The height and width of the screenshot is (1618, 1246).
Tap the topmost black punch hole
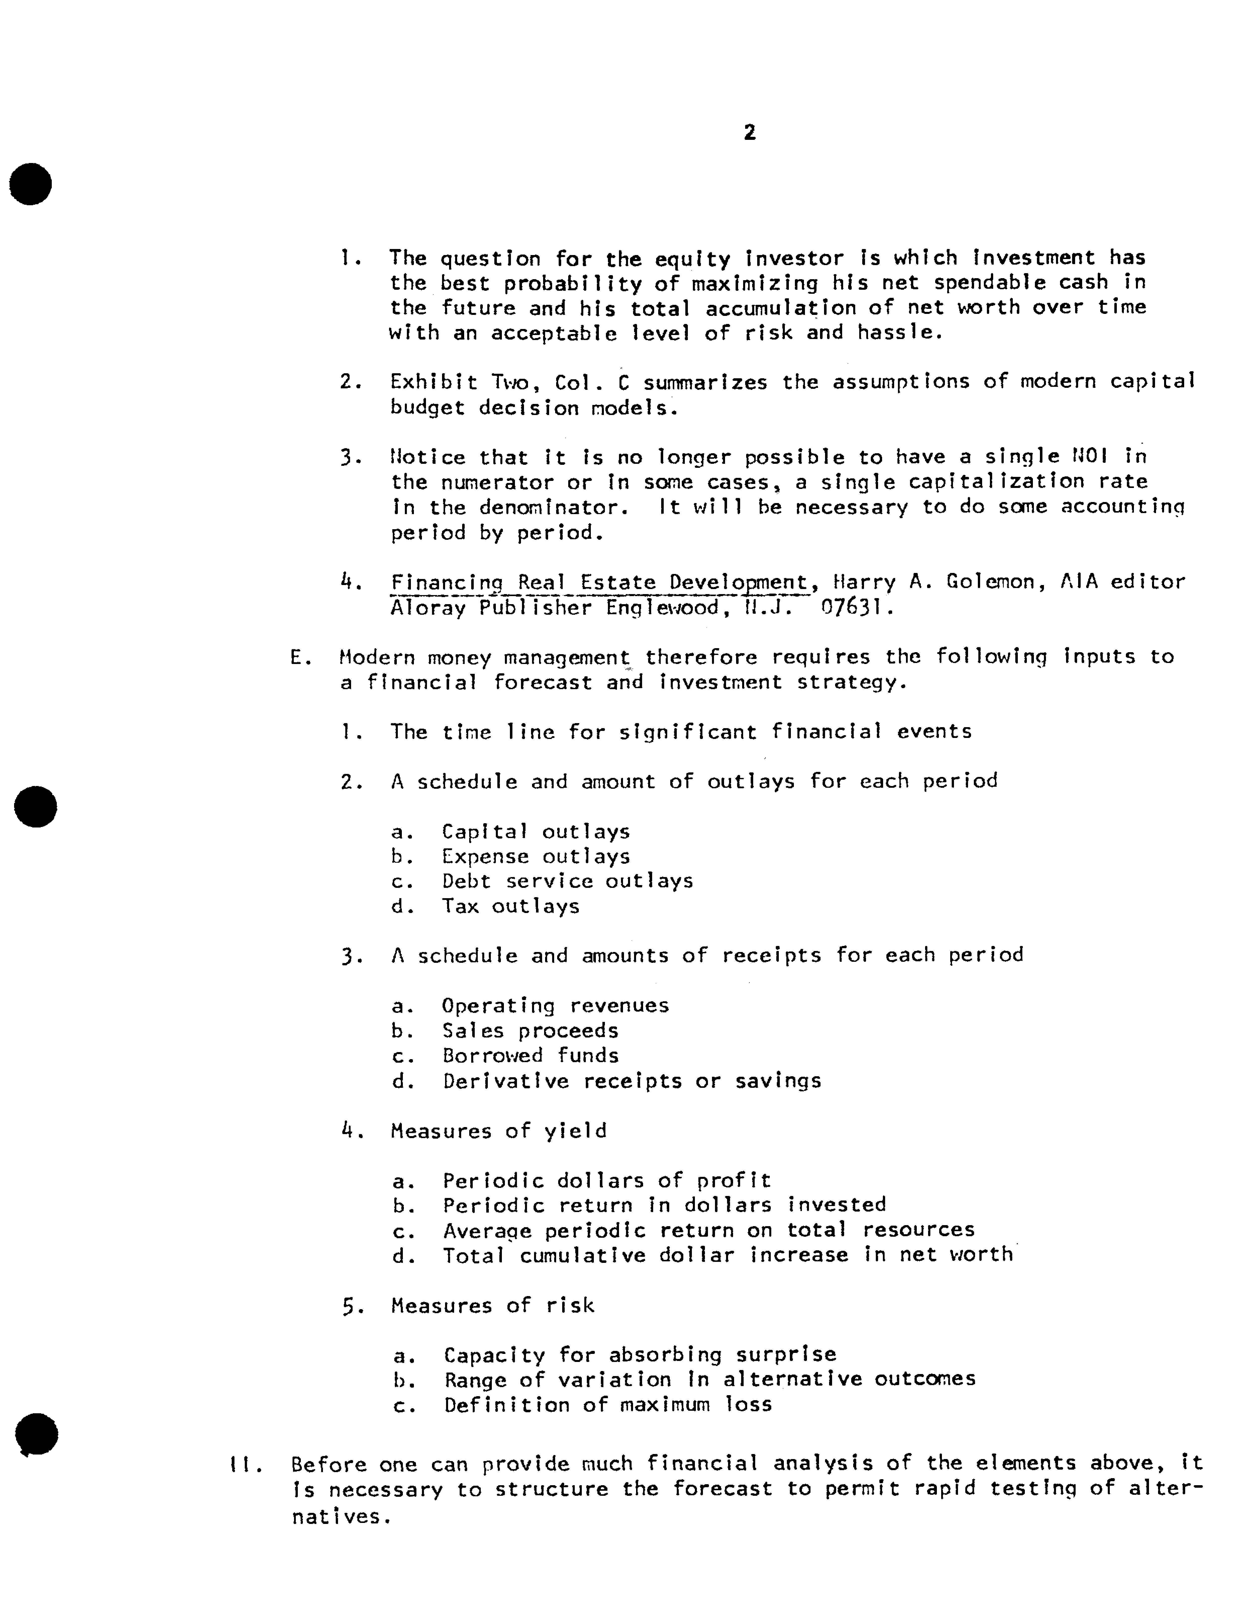31,184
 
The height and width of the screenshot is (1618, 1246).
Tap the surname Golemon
986,582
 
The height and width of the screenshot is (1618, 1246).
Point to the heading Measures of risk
492,1305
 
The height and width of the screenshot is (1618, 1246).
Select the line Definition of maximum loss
607,1405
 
